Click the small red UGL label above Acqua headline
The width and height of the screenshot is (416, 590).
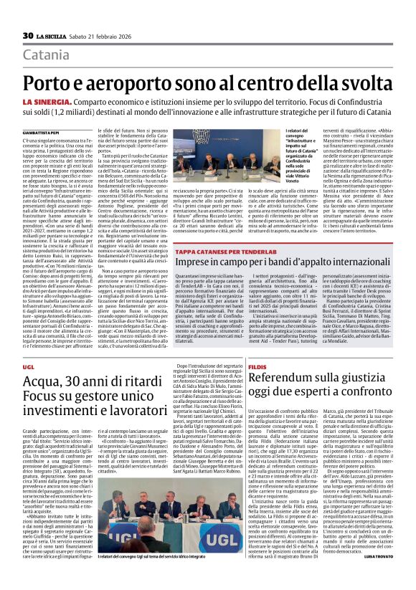tap(28, 367)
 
